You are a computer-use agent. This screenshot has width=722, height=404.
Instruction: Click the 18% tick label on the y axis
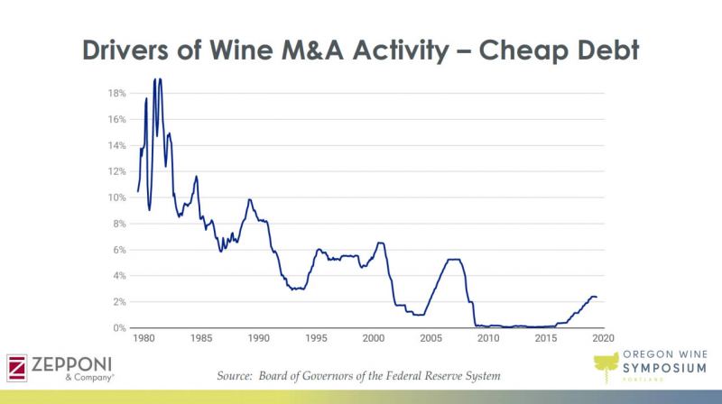tap(116, 93)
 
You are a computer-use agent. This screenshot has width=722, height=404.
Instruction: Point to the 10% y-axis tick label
tap(116, 197)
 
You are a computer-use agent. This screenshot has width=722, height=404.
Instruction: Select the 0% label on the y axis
tap(119, 327)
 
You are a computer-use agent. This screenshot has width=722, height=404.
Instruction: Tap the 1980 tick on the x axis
tap(143, 338)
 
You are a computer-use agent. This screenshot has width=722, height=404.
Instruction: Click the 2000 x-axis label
tap(373, 338)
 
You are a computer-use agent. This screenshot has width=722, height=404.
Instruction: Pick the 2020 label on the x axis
tap(603, 338)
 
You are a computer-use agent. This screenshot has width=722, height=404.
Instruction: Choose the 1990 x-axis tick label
tap(258, 338)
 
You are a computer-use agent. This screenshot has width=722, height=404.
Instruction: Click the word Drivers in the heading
tap(135, 50)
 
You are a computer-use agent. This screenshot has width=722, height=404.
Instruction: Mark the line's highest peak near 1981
tap(155, 79)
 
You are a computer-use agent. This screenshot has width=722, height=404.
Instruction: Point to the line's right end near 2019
tap(596, 297)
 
